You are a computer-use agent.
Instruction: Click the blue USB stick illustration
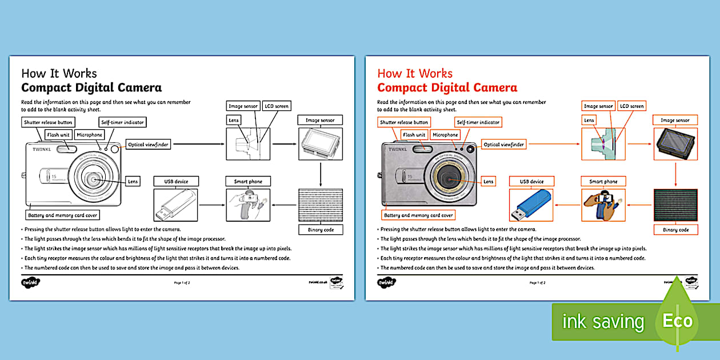click(531, 205)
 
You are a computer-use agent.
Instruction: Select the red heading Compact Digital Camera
click(447, 87)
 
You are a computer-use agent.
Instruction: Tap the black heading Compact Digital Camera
click(91, 87)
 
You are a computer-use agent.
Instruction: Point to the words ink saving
click(603, 322)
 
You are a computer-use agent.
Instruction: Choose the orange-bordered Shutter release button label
click(404, 122)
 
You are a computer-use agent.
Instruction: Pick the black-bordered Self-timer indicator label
click(122, 122)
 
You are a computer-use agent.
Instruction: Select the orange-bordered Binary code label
click(675, 230)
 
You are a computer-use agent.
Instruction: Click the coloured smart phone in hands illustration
click(603, 205)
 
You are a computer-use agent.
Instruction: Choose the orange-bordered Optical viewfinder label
click(504, 145)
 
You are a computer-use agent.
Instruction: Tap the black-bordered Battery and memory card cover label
click(63, 215)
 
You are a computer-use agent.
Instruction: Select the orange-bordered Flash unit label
click(414, 135)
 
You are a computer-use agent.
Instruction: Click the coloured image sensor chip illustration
click(675, 143)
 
